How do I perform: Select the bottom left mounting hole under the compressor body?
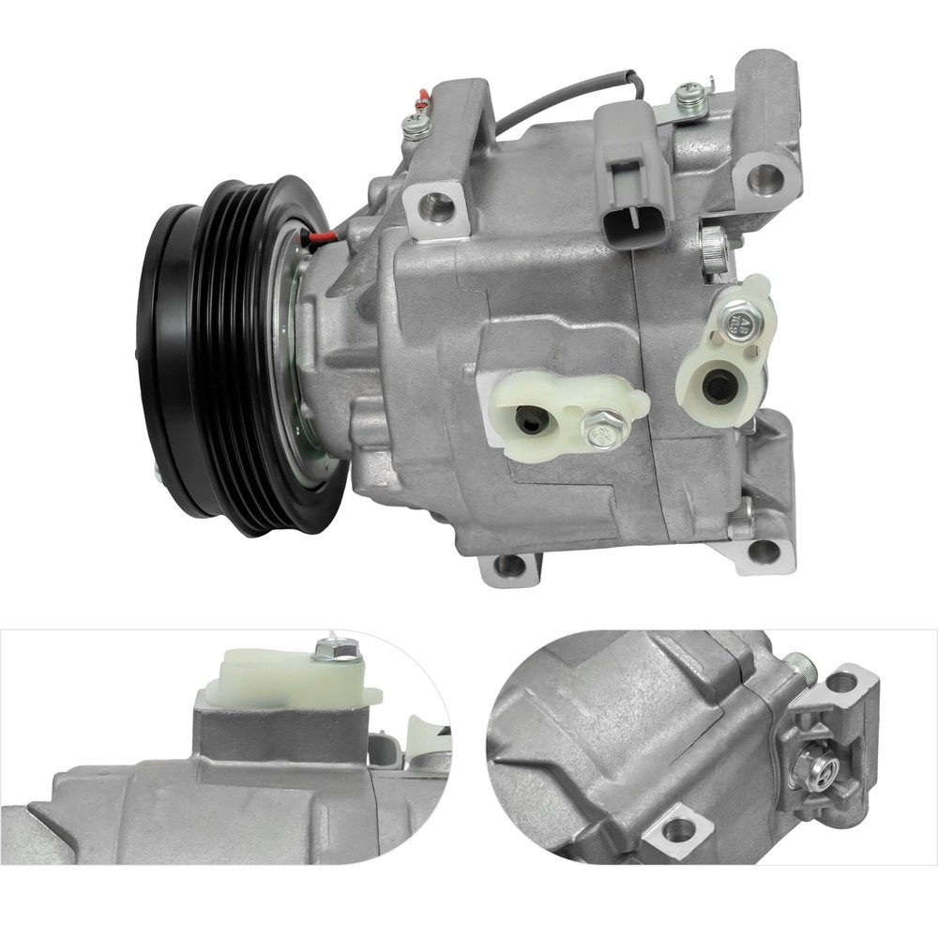click(508, 566)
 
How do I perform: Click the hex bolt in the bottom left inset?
click(337, 648)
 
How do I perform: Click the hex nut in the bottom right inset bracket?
click(806, 767)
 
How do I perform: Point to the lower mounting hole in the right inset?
click(676, 829)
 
